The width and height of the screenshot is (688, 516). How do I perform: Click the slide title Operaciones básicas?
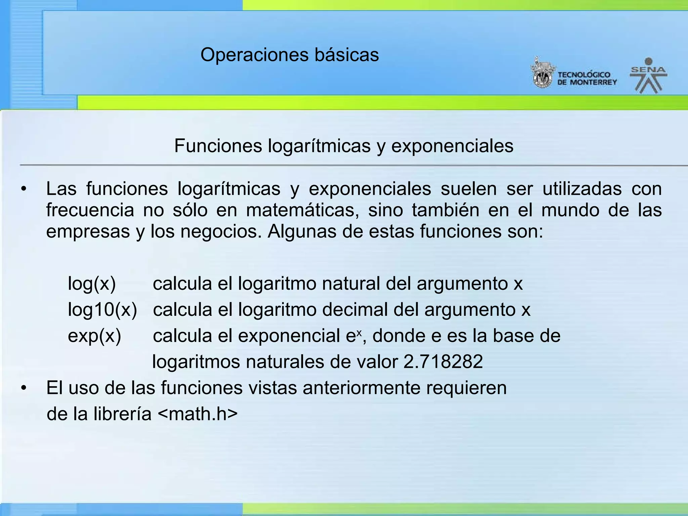(290, 55)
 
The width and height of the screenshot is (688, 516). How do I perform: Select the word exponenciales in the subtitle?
(452, 146)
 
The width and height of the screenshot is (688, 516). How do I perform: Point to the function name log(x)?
(92, 283)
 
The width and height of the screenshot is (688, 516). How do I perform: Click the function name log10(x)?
(102, 309)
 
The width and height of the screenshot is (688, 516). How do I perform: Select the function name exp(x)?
(94, 336)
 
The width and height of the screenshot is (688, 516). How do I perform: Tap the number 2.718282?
(443, 362)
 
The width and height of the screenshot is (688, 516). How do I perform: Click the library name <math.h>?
(198, 414)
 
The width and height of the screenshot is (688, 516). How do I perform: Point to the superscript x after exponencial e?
(359, 332)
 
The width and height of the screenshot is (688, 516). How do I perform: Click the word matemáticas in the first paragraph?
(302, 211)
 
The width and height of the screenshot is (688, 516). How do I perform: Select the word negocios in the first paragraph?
(221, 231)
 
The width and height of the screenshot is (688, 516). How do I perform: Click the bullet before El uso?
(23, 388)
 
